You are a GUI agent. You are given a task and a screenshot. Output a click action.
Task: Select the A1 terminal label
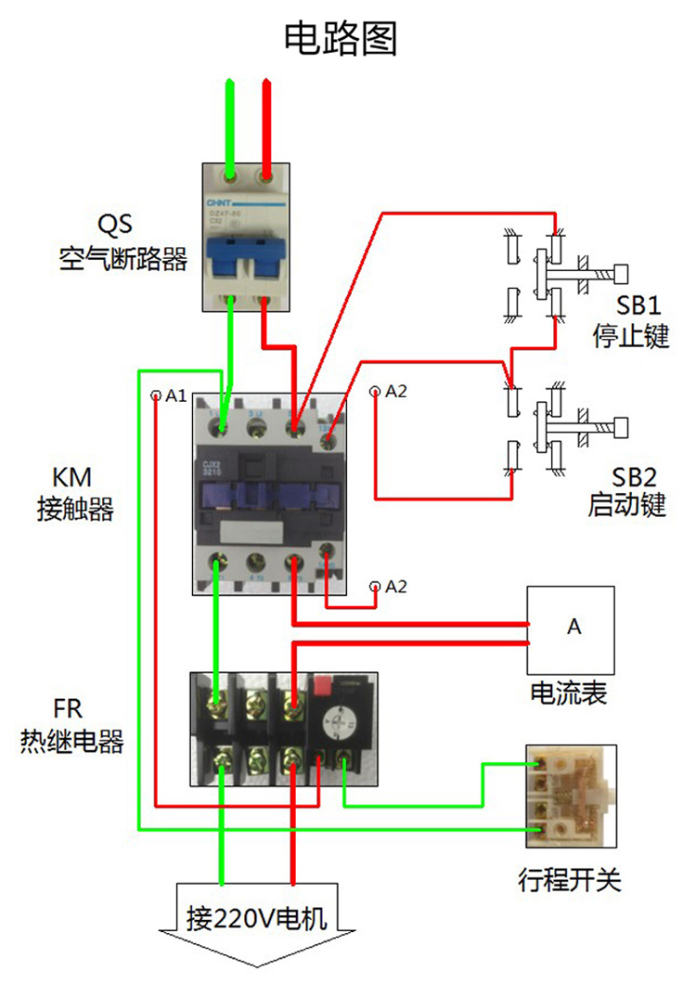(175, 395)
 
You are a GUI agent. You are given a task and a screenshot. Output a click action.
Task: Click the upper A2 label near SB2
(395, 392)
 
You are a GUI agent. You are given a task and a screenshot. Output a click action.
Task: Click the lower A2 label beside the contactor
(395, 586)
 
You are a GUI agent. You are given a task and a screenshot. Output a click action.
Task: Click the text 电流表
(569, 693)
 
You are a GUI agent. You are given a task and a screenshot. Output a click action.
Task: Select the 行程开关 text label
(569, 879)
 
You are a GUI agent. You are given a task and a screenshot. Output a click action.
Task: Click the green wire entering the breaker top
(231, 121)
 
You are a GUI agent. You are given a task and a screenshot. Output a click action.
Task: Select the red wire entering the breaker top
(267, 121)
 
